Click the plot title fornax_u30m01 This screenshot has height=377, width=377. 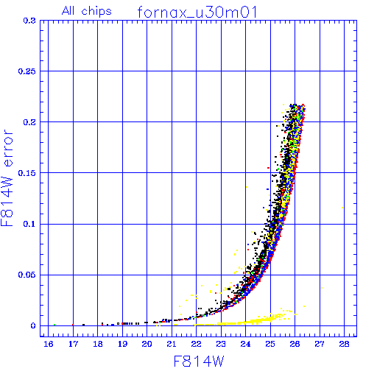[197, 12]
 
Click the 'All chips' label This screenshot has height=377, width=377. [87, 11]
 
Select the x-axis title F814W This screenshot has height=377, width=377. [199, 362]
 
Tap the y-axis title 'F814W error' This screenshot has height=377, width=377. [7, 177]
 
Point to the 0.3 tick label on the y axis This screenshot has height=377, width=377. [29, 21]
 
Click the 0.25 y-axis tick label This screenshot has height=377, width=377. [27, 71]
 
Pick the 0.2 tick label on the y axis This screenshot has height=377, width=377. [29, 122]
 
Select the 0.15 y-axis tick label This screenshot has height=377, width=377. [27, 173]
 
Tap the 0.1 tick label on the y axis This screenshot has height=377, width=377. [29, 224]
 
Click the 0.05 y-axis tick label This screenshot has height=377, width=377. [27, 275]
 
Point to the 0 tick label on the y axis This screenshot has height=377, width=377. [33, 325]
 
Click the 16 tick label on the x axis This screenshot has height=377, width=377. [49, 344]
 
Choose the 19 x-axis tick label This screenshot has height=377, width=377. [122, 344]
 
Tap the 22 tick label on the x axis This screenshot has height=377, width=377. [197, 344]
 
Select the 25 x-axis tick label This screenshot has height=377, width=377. [270, 344]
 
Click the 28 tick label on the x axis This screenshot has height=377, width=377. [344, 344]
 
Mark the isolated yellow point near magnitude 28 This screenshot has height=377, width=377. [342, 208]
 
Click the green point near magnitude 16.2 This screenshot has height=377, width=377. [54, 325]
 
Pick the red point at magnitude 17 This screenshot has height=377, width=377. [73, 325]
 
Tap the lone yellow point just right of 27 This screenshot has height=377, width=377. [322, 288]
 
